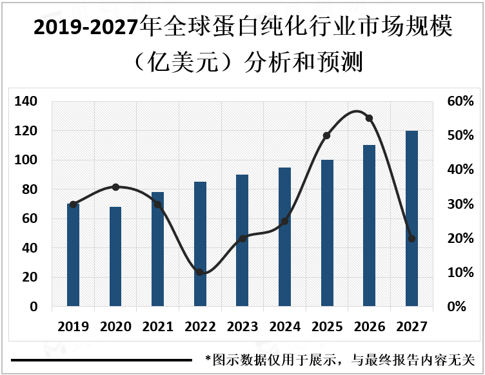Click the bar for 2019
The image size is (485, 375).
click(x=73, y=255)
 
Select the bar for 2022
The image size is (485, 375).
click(x=200, y=244)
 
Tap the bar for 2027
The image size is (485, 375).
click(x=411, y=218)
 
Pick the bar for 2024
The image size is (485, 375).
click(x=284, y=236)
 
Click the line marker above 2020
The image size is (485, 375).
click(x=115, y=187)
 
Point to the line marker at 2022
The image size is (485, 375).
click(x=200, y=273)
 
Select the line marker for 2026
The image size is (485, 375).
click(x=369, y=118)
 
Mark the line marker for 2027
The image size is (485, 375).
click(x=411, y=238)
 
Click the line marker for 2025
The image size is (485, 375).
click(x=326, y=136)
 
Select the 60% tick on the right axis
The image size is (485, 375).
click(x=460, y=101)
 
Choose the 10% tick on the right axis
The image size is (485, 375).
click(x=460, y=273)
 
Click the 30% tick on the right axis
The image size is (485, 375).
click(x=460, y=204)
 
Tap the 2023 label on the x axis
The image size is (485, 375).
click(x=242, y=327)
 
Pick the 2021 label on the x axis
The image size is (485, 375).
click(x=157, y=327)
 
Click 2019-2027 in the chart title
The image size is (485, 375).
click(x=85, y=28)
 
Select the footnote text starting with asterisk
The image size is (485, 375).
click(x=340, y=360)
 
